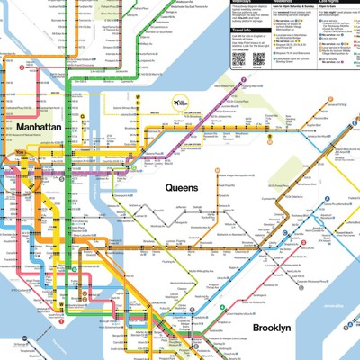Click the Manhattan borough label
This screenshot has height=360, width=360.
(39, 129)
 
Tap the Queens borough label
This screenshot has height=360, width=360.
(182, 186)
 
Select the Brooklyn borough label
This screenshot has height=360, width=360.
(271, 328)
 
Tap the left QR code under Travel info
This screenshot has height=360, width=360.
(238, 59)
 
